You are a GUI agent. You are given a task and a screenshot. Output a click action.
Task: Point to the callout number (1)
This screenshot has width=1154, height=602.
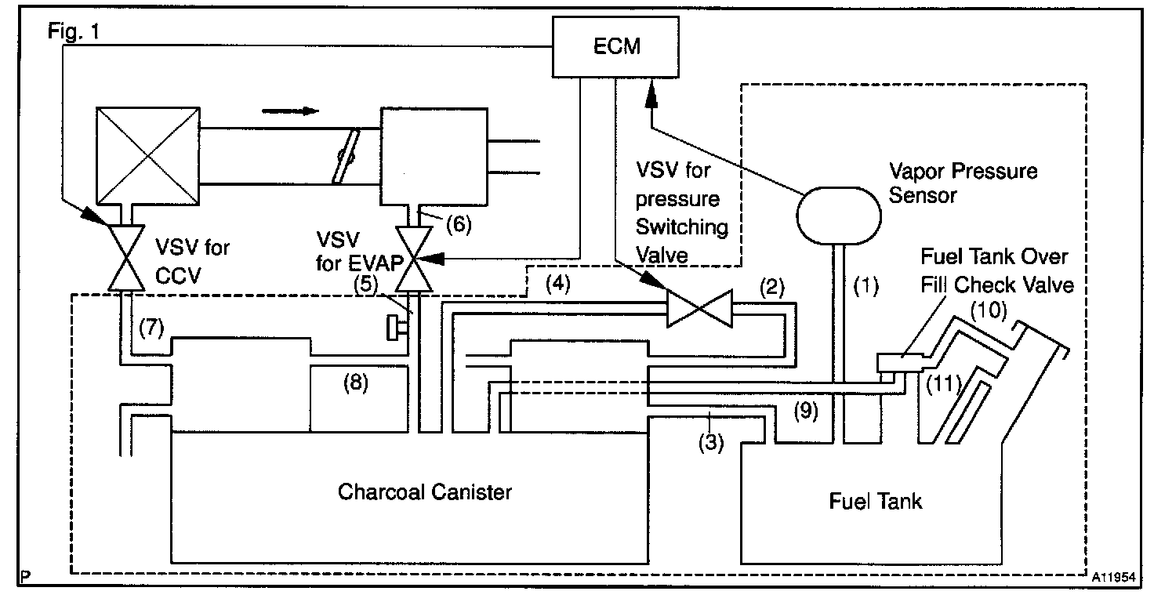(865, 286)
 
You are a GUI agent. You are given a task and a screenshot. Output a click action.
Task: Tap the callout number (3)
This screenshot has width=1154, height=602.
(710, 441)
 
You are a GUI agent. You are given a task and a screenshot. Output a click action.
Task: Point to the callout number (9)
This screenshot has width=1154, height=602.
(804, 408)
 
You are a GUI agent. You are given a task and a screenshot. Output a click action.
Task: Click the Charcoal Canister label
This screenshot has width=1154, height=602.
(425, 491)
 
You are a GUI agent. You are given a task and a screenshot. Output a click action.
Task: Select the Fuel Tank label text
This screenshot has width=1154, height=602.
(876, 500)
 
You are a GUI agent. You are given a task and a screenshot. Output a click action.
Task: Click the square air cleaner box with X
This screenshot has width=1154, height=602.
(147, 154)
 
